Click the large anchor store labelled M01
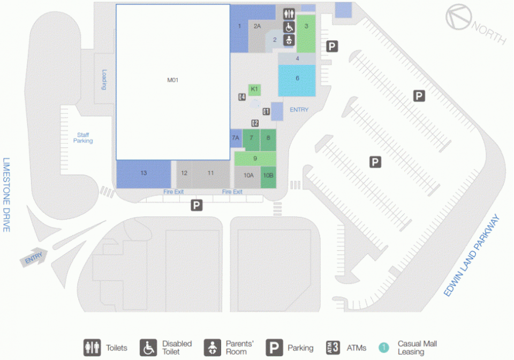click(173, 82)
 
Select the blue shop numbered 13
click(143, 174)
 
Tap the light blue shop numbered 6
click(297, 80)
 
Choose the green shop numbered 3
click(306, 33)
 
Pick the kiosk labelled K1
click(254, 89)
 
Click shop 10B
click(268, 177)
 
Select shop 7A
click(236, 138)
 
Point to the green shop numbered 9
click(255, 159)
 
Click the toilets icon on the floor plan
click(289, 14)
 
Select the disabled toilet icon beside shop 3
click(289, 27)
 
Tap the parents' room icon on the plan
click(289, 40)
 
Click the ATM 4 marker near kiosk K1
click(242, 97)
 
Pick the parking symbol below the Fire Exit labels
click(196, 205)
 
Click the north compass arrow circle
click(459, 17)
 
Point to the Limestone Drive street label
click(6, 195)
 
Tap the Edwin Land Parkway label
click(471, 256)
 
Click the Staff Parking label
click(83, 138)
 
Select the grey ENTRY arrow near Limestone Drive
click(34, 257)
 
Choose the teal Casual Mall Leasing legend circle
click(384, 348)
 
